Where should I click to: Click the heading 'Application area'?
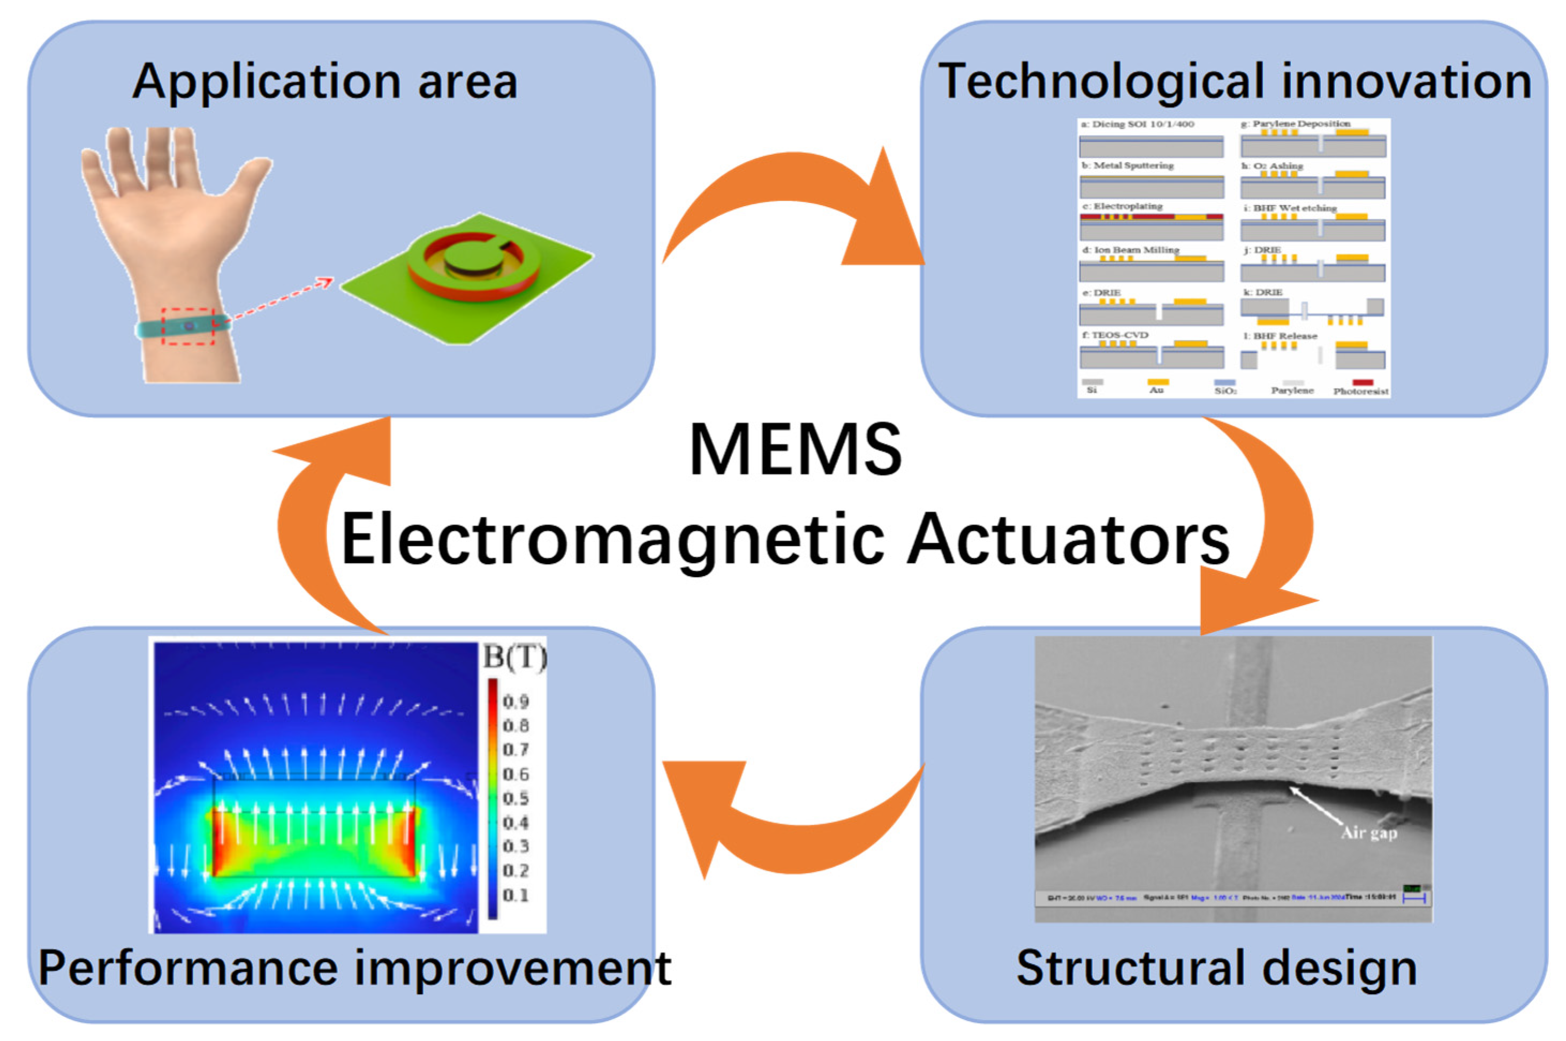[324, 81]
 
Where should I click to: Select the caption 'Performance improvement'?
[355, 968]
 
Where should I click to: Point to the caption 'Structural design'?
[1217, 968]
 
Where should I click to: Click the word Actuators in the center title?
[1068, 539]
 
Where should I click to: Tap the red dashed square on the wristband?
[189, 326]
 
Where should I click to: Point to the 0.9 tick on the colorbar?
[516, 701]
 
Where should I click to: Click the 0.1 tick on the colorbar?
[516, 895]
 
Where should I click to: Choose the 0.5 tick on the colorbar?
[516, 798]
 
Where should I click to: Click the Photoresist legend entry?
[1361, 391]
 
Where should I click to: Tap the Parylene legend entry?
[1292, 390]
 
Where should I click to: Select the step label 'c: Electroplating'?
[1122, 207]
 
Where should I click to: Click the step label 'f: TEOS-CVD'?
[1115, 335]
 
